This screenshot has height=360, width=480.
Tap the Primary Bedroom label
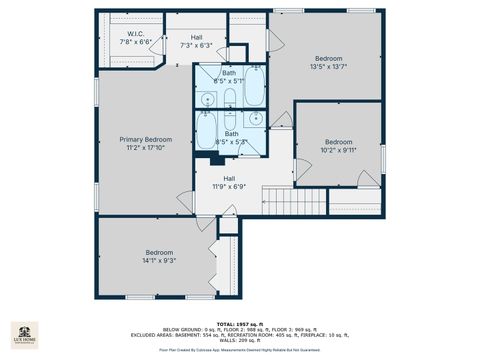pyautogui.click(x=146, y=143)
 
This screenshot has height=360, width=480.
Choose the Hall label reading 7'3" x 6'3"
pyautogui.click(x=196, y=39)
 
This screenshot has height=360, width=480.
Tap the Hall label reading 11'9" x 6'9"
pyautogui.click(x=229, y=181)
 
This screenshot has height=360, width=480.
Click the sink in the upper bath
pyautogui.click(x=207, y=98)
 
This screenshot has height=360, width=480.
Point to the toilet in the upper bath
pyautogui.click(x=230, y=98)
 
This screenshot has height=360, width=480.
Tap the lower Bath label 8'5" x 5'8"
pyautogui.click(x=231, y=139)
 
